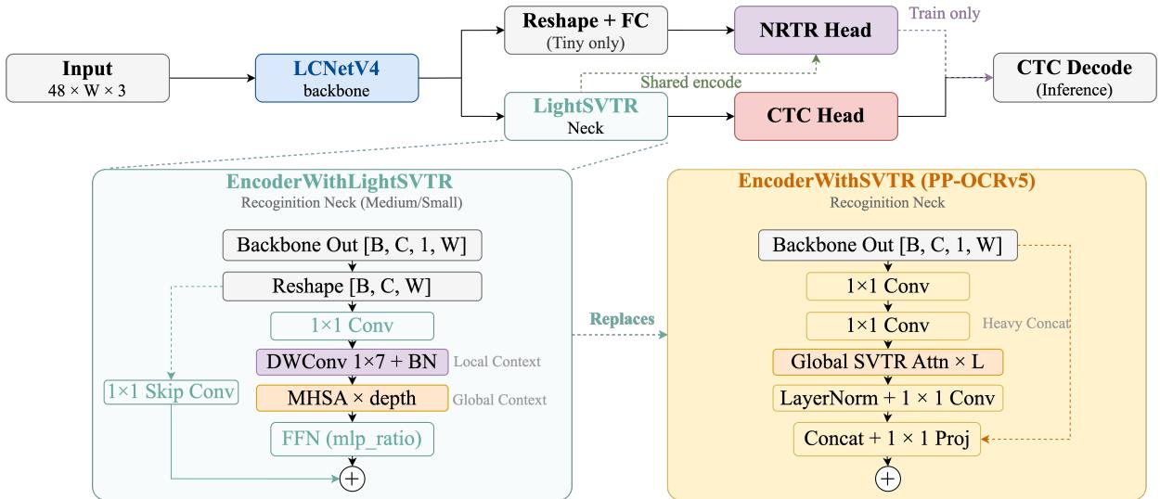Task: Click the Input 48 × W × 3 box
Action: tap(87, 78)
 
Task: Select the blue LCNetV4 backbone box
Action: tap(337, 78)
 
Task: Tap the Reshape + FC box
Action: tap(586, 30)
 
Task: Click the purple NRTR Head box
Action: tap(816, 30)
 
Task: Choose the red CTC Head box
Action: tap(816, 116)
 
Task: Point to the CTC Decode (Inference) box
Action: tap(1075, 78)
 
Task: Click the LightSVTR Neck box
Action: tap(586, 116)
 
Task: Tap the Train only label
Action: tap(945, 13)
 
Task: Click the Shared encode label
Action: tap(690, 82)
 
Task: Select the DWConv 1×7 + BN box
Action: tap(352, 362)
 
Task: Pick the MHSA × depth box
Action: tap(352, 398)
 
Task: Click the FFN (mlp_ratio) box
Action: tap(352, 439)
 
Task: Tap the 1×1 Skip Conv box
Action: tap(171, 391)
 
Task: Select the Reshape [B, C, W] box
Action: tap(352, 287)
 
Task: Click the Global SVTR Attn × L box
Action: tap(887, 362)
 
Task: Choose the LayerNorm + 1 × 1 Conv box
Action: tap(887, 398)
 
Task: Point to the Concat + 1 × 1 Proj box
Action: tap(887, 439)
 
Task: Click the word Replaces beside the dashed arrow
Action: tap(622, 319)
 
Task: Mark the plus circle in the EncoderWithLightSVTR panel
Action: tap(352, 479)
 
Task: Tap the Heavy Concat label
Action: tap(1026, 324)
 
